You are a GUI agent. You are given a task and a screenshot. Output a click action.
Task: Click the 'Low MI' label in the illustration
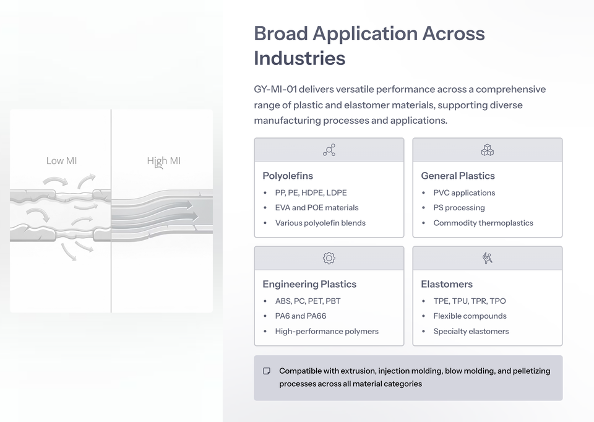[x=61, y=161]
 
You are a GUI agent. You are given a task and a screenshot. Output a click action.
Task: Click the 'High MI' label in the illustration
[x=164, y=161]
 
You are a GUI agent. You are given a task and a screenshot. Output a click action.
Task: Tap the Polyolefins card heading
[x=288, y=176]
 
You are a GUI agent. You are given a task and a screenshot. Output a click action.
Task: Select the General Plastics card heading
[x=458, y=176]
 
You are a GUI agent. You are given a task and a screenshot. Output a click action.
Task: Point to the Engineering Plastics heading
[x=309, y=284]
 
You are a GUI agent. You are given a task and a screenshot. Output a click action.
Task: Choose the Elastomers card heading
[x=447, y=284]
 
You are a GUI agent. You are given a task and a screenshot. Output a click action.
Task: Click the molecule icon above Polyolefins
[x=329, y=150]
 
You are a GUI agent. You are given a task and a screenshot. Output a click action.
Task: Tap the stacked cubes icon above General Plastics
[x=488, y=150]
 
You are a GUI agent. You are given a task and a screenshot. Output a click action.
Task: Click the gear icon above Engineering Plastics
[x=329, y=259]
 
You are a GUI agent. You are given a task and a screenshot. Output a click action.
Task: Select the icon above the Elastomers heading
[x=488, y=259]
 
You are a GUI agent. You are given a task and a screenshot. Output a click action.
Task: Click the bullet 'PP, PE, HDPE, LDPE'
[x=311, y=192]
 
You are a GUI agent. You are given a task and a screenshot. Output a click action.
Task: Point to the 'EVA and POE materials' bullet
[x=317, y=208]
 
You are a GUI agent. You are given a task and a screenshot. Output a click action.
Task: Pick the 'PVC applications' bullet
[x=464, y=192]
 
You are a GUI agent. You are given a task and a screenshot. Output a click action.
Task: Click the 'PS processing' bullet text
[x=459, y=208]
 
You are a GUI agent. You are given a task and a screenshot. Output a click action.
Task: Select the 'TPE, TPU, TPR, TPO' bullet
[x=470, y=301]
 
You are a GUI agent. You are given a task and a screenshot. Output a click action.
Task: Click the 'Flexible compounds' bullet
[x=470, y=316]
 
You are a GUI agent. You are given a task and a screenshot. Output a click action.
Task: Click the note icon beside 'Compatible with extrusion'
[x=267, y=371]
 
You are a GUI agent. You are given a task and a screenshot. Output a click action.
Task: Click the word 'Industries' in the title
[x=299, y=58]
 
